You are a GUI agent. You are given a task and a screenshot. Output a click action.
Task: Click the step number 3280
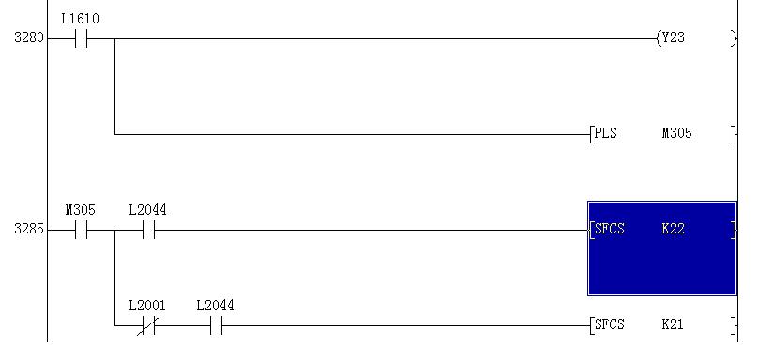pos(29,37)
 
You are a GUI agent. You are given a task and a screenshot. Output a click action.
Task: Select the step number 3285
pos(29,229)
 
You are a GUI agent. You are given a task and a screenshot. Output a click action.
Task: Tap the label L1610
pos(81,19)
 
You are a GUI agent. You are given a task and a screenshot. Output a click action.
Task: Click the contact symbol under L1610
pos(82,38)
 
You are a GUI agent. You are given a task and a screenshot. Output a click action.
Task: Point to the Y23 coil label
pos(673,37)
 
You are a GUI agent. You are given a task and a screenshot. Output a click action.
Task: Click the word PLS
pos(606,133)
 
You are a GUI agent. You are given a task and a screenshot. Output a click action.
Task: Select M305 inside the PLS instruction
pos(676,133)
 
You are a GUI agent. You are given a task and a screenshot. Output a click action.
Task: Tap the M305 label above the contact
pos(81,210)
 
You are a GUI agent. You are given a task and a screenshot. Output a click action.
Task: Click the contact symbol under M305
pos(82,230)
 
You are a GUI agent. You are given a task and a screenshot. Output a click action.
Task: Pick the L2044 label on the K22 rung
pos(147,210)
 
